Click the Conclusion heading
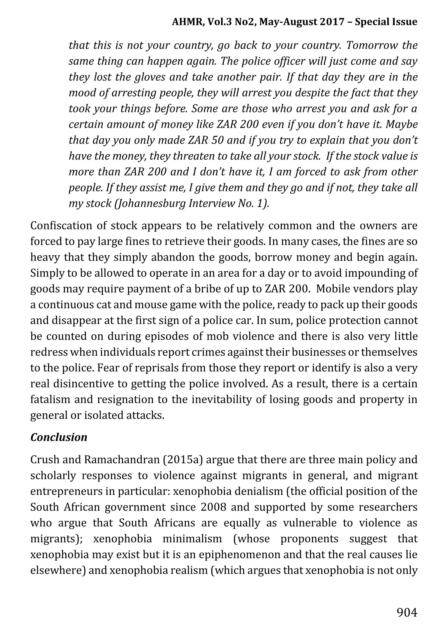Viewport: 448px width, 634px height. (x=59, y=437)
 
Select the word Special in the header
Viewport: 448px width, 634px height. (x=371, y=22)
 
